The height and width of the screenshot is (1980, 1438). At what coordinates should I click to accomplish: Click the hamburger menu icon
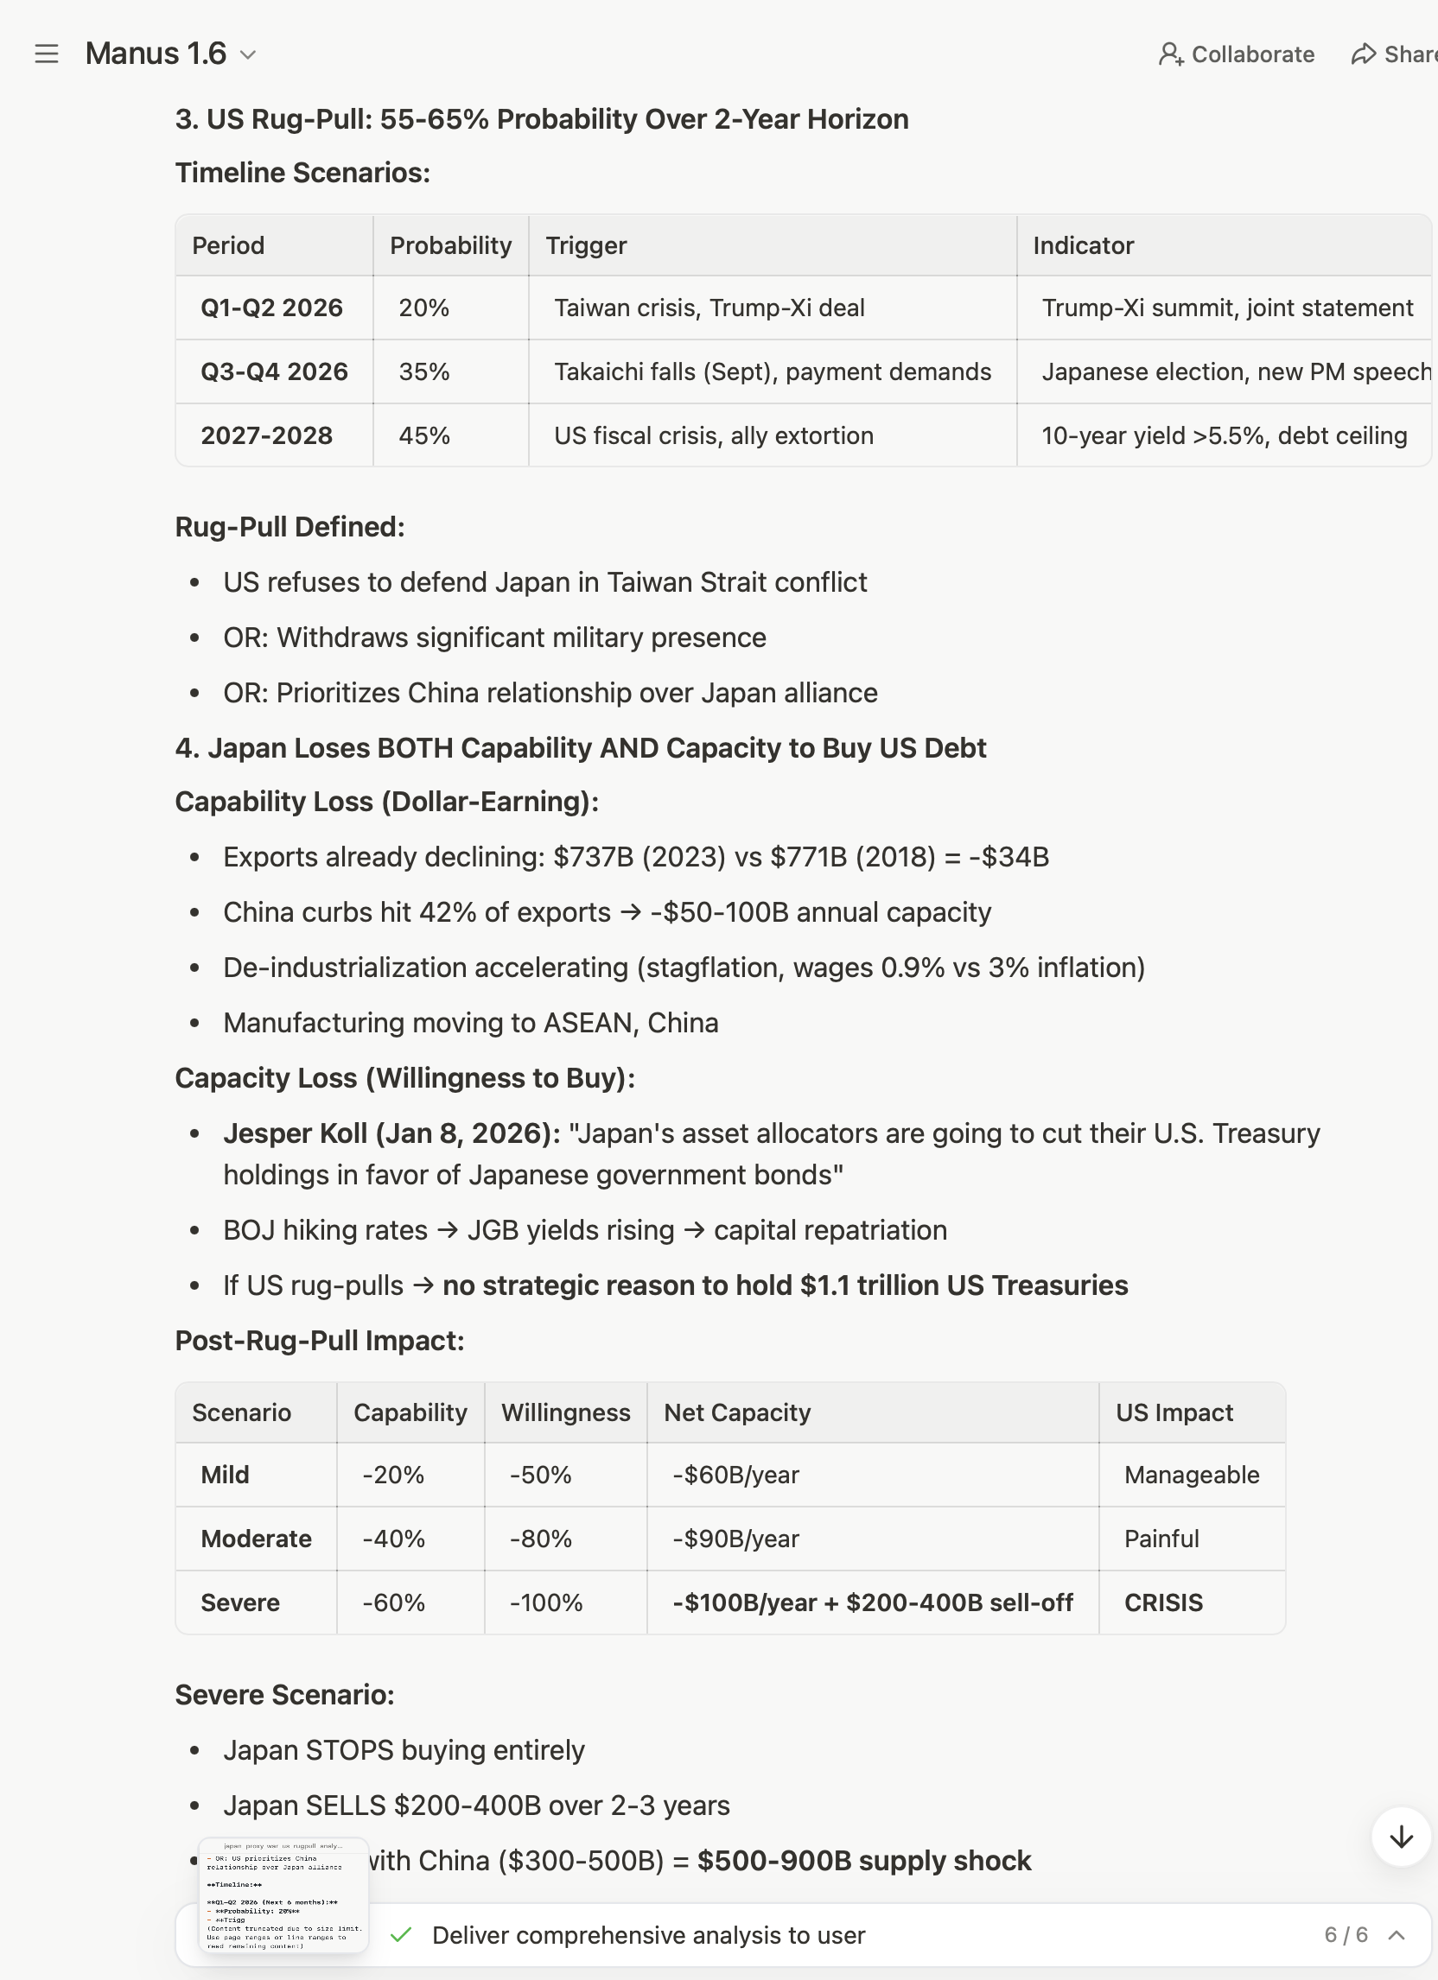click(47, 54)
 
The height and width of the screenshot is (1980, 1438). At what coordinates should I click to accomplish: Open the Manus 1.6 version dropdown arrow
click(248, 55)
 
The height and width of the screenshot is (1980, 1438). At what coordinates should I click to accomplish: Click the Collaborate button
click(1236, 54)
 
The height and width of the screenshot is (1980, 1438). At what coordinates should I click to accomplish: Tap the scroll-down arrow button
click(1401, 1836)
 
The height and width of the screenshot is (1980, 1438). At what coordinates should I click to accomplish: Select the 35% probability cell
click(424, 372)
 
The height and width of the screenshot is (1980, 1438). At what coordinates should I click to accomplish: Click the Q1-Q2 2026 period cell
click(271, 308)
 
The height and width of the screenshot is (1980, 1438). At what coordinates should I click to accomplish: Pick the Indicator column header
click(1083, 246)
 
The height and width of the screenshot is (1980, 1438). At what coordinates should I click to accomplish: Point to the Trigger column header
click(586, 246)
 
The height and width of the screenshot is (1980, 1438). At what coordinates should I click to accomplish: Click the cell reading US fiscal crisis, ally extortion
click(713, 435)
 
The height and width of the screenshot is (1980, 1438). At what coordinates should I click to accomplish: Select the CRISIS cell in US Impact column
click(1163, 1602)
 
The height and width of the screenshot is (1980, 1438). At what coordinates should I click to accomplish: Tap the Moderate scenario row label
click(256, 1539)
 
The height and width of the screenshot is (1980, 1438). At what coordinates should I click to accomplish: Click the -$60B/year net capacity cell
click(735, 1475)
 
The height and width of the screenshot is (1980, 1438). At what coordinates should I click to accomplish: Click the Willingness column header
click(565, 1412)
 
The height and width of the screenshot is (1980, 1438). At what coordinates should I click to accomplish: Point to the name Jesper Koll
click(295, 1133)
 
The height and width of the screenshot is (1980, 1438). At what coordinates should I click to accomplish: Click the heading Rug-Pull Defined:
click(290, 527)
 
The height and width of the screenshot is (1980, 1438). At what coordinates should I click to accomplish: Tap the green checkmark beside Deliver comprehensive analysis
click(401, 1935)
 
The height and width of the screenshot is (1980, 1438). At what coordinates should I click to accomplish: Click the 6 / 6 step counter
click(1346, 1935)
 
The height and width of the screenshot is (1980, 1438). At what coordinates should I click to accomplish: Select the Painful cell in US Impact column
click(1161, 1539)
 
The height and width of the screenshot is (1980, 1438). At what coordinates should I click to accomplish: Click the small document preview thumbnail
click(283, 1894)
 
